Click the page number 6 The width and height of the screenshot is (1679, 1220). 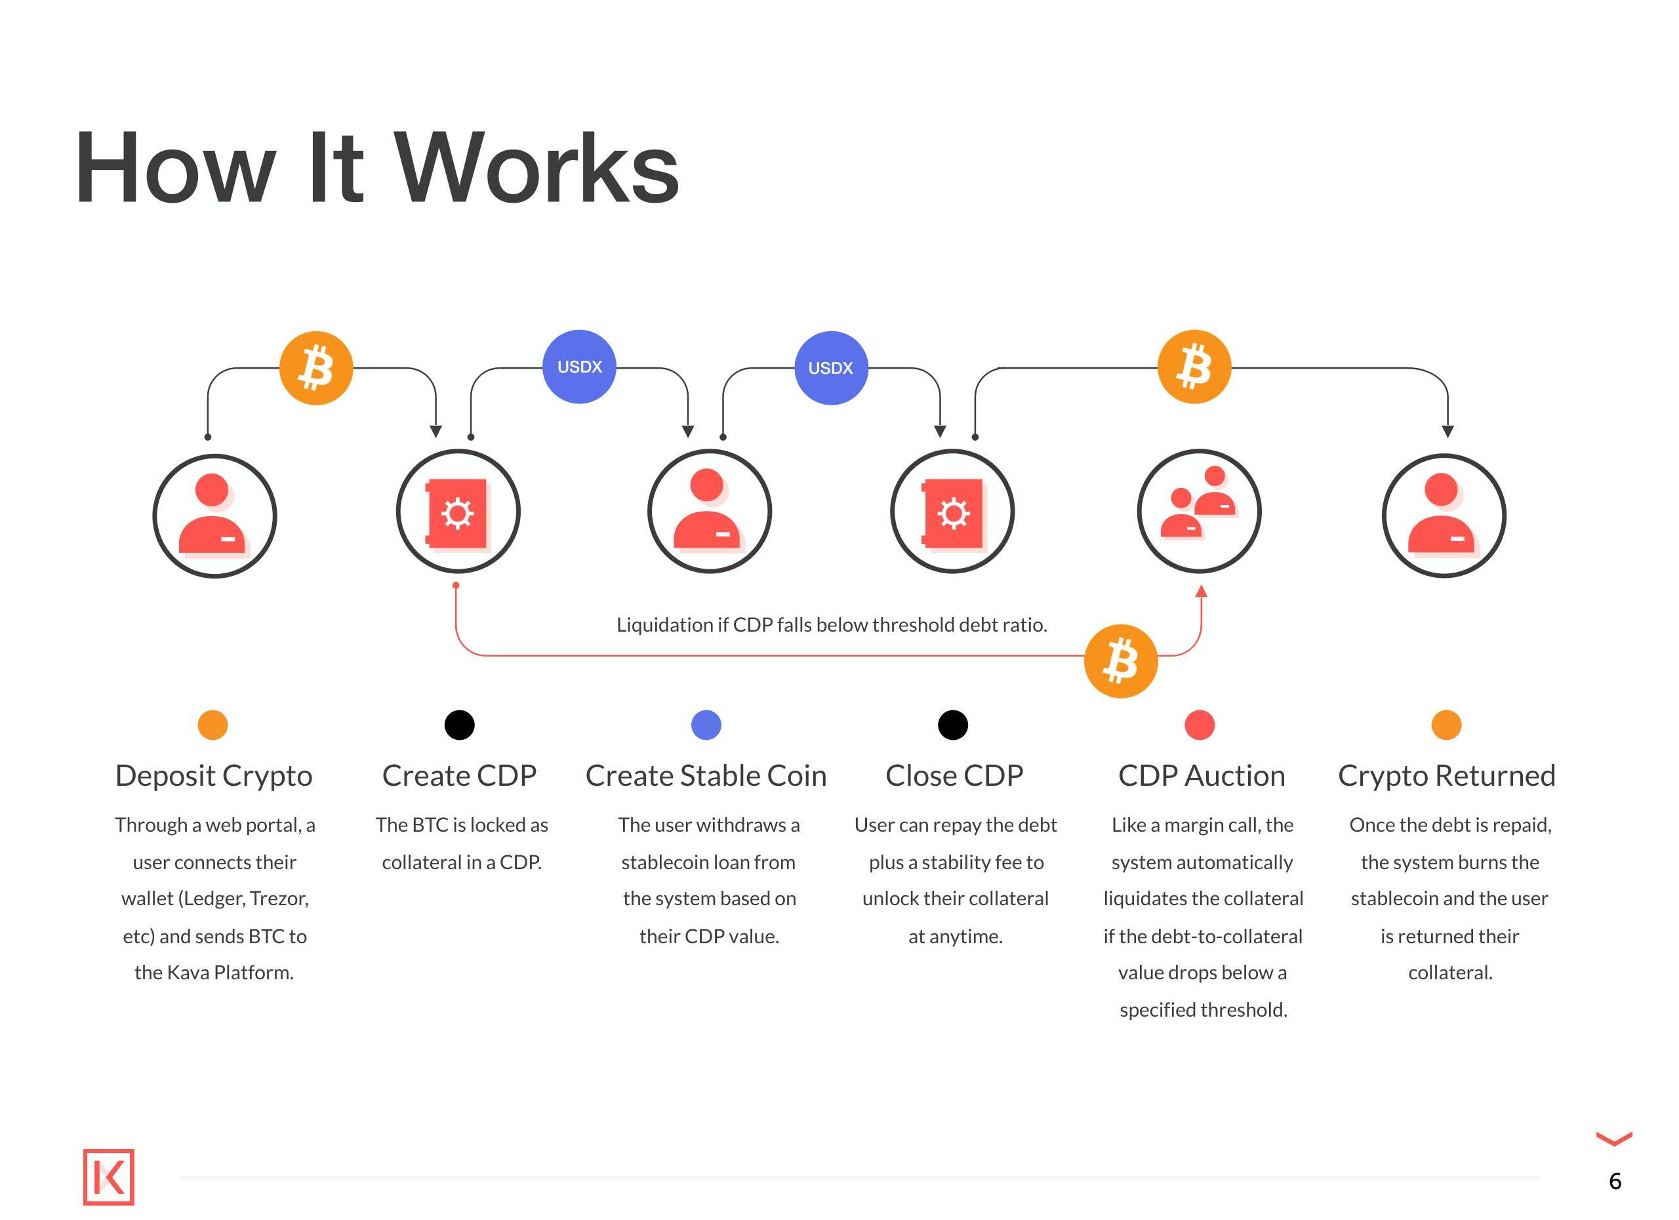(1615, 1181)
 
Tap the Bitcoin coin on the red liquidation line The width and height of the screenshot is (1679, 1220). (1120, 661)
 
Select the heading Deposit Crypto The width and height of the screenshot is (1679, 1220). (213, 776)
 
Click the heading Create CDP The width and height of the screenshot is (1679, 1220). (459, 776)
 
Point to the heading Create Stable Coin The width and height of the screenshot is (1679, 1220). (706, 776)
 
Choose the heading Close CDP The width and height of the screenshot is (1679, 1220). (954, 776)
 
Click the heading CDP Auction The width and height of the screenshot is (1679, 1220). (1201, 776)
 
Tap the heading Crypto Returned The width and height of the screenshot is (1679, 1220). (1447, 776)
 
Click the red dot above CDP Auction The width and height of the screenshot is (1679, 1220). (1200, 725)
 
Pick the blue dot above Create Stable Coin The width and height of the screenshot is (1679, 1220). (706, 725)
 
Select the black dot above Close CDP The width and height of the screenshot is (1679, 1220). (953, 725)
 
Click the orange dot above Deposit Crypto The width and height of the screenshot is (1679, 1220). (212, 725)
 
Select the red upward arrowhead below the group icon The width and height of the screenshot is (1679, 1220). (1201, 591)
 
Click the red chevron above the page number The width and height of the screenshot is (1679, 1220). (1614, 1138)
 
